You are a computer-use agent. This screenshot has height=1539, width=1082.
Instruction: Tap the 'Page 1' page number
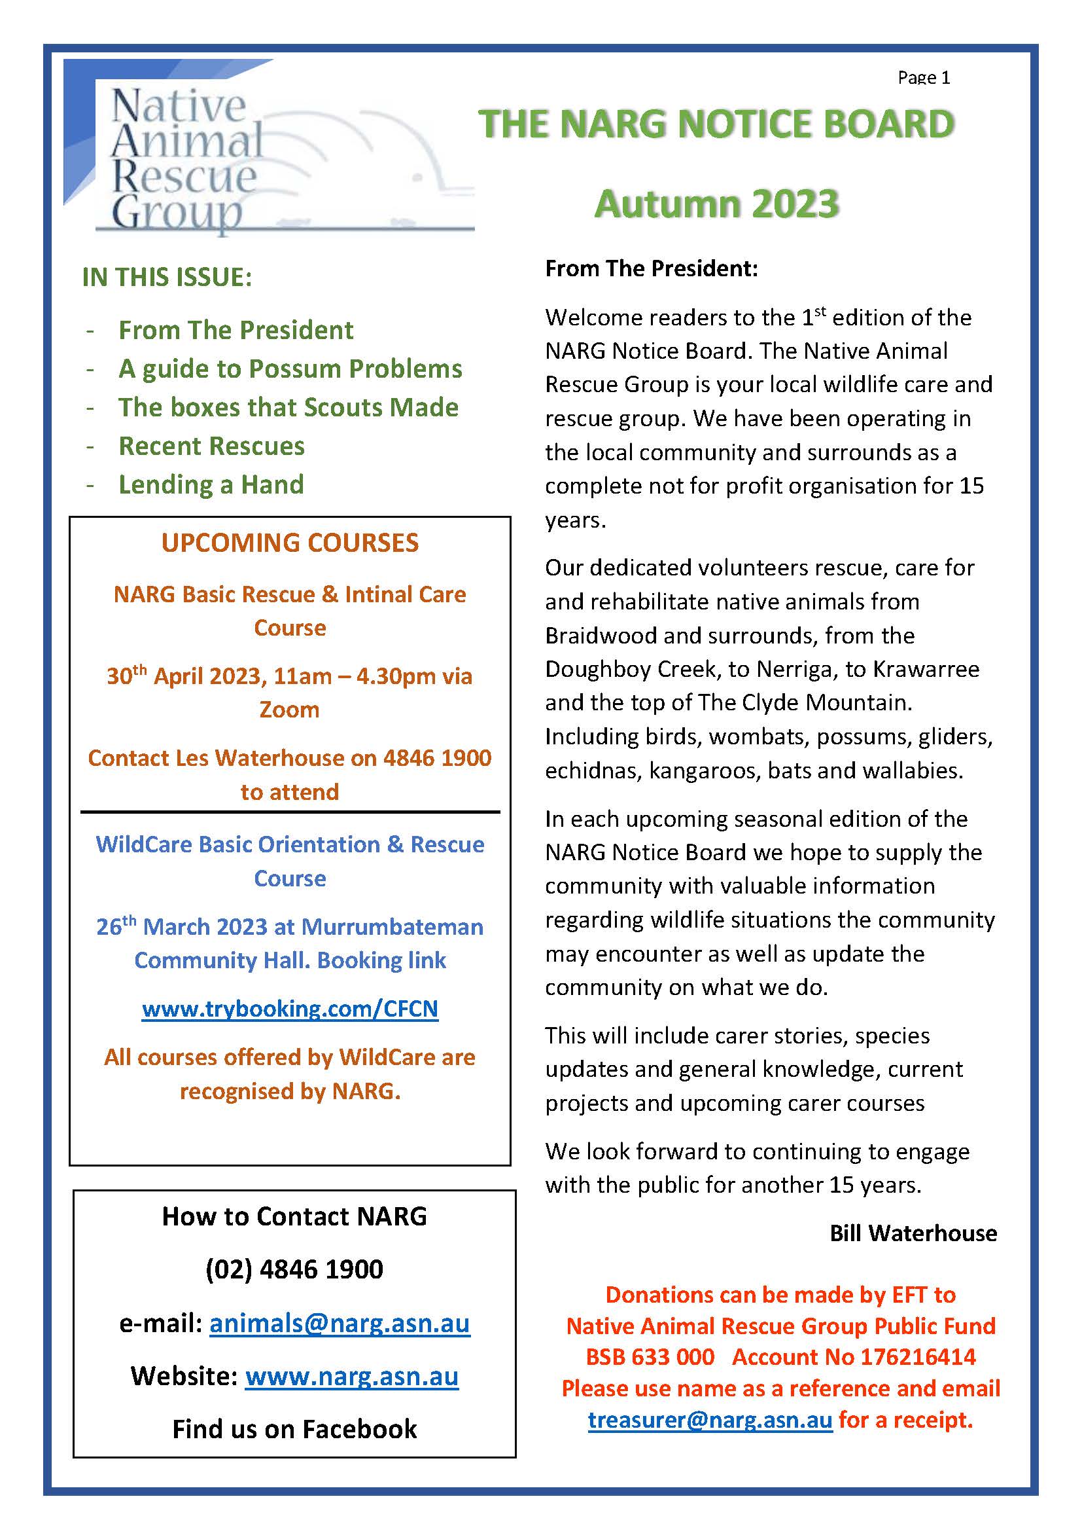[x=923, y=79]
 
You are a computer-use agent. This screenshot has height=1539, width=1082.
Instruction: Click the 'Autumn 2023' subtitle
[x=716, y=204]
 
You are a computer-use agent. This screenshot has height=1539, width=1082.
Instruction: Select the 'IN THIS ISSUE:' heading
[x=167, y=277]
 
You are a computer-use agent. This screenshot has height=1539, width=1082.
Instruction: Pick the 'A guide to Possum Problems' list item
[x=290, y=369]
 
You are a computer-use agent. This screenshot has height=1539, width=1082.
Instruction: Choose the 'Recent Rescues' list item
[x=211, y=446]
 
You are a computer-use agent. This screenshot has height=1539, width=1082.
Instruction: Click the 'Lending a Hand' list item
[x=211, y=484]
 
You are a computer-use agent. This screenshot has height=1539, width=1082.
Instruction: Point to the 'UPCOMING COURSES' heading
[x=289, y=542]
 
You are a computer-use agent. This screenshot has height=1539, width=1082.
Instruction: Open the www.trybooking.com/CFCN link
[x=289, y=1008]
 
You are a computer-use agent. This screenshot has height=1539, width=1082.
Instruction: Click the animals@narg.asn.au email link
[x=340, y=1323]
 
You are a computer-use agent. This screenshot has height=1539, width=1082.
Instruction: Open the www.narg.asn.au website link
[x=352, y=1375]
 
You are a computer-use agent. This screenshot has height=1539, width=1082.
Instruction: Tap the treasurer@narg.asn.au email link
[x=710, y=1419]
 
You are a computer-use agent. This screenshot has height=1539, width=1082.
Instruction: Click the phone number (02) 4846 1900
[x=294, y=1269]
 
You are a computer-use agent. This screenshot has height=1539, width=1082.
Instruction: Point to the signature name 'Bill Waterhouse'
[x=913, y=1233]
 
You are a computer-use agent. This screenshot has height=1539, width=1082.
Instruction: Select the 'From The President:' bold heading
[x=651, y=268]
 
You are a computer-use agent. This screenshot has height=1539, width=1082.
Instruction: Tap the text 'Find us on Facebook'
[x=294, y=1428]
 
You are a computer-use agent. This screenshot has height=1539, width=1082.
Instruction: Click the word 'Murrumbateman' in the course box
[x=392, y=926]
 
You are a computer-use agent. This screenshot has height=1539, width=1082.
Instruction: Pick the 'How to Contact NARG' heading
[x=294, y=1216]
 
